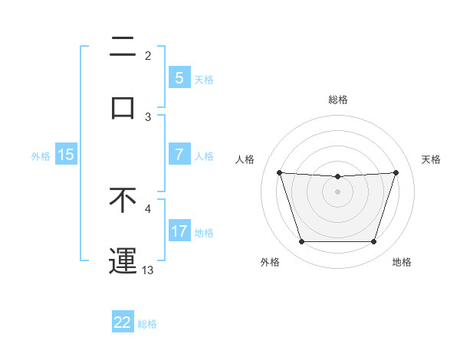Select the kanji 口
123,107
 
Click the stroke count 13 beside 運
148,270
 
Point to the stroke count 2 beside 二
148,56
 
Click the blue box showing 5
179,77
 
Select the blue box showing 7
179,154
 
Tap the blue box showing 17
179,231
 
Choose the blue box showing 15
66,154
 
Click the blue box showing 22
123,322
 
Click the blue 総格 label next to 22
148,323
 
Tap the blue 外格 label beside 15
41,155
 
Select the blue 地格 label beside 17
204,232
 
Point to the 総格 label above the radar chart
337,100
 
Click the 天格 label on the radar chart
431,159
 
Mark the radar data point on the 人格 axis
279,172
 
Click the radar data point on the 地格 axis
373,242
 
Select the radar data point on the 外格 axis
301,242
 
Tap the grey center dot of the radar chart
337,191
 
